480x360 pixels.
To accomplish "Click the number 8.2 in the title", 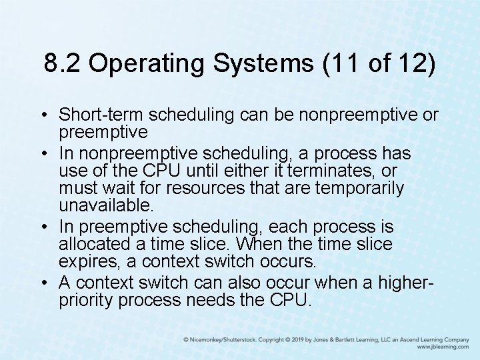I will (x=62, y=64).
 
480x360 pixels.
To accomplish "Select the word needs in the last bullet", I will (x=209, y=300).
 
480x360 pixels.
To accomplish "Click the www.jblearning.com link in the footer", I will (x=443, y=347).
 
